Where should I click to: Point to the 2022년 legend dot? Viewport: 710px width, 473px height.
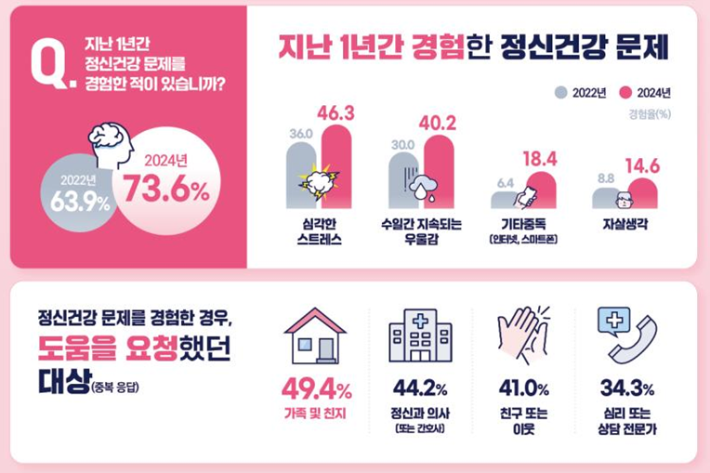561,92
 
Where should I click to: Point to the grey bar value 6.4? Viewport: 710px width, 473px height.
506,182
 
